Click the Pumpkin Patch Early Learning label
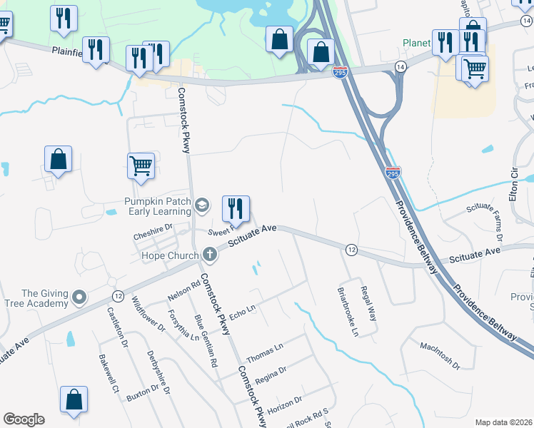click(157, 206)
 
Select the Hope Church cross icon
click(209, 253)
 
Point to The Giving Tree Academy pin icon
click(79, 295)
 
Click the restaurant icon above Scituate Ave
click(236, 208)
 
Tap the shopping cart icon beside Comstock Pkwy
click(141, 165)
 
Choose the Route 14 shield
click(400, 66)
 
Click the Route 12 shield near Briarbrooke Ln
click(351, 250)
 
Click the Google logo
click(24, 419)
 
